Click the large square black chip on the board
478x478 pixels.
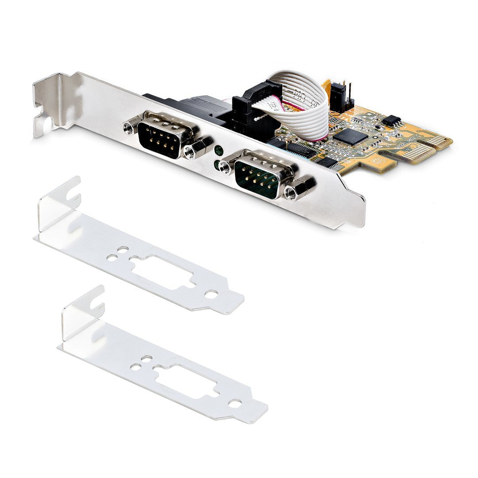(x=350, y=136)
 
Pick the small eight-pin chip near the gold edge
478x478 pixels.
(x=391, y=120)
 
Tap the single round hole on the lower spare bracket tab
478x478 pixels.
(x=235, y=402)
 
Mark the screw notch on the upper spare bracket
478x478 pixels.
(x=71, y=190)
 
